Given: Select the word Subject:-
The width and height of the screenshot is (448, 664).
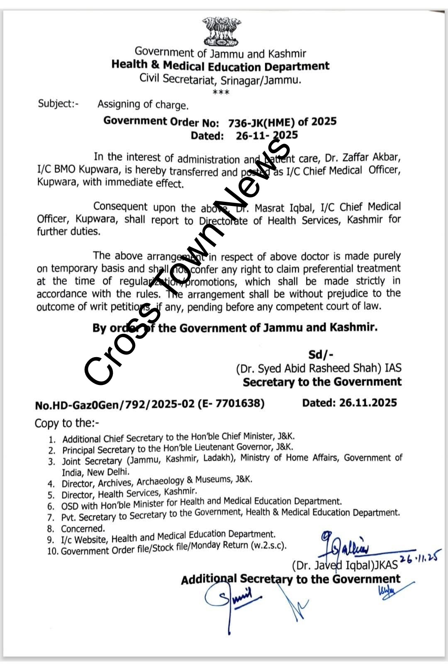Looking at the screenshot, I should (x=58, y=103).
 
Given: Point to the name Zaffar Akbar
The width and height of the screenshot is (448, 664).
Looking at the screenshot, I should (x=369, y=158).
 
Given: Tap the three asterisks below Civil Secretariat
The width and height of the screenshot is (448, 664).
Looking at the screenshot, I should (x=221, y=92).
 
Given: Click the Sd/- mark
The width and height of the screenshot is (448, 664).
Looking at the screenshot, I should (x=321, y=354).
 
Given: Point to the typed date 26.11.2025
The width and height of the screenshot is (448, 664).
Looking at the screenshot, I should (x=368, y=403).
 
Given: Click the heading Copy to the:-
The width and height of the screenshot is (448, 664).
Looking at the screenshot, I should (x=67, y=423).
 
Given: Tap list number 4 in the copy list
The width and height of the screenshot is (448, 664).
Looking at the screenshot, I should (x=51, y=484).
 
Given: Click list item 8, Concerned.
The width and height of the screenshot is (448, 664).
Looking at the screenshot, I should (x=83, y=529).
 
